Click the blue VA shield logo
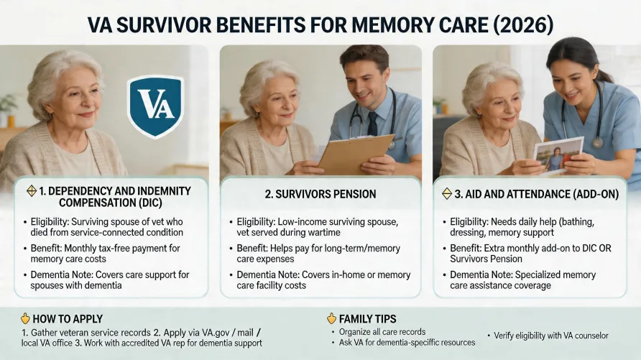pyautogui.click(x=155, y=106)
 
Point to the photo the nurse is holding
pyautogui.click(x=558, y=154)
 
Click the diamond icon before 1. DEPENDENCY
pyautogui.click(x=31, y=191)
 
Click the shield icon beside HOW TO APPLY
pyautogui.click(x=25, y=318)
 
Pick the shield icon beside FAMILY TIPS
pyautogui.click(x=331, y=318)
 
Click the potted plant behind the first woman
pyautogui.click(x=9, y=108)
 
